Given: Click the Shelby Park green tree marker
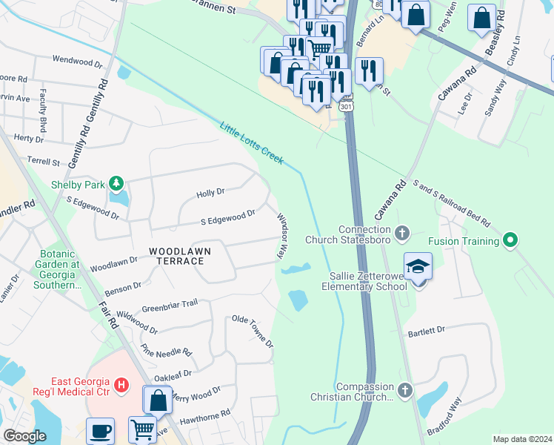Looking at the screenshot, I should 116,182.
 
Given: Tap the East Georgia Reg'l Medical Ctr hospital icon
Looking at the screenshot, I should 123,386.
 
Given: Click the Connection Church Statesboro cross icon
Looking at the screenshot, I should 402,234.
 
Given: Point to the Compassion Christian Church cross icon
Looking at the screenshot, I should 404,390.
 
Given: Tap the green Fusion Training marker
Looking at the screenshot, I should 510,240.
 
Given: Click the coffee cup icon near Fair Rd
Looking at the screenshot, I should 100,431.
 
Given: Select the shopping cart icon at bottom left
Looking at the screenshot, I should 142,429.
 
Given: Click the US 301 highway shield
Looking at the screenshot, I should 346,107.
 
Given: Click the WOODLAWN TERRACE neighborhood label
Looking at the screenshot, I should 180,251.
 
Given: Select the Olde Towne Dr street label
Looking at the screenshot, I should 253,331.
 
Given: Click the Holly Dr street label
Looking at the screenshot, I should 210,193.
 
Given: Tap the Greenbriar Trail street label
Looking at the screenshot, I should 170,303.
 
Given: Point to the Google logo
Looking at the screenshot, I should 24,436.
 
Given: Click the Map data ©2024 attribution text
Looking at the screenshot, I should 521,439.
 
